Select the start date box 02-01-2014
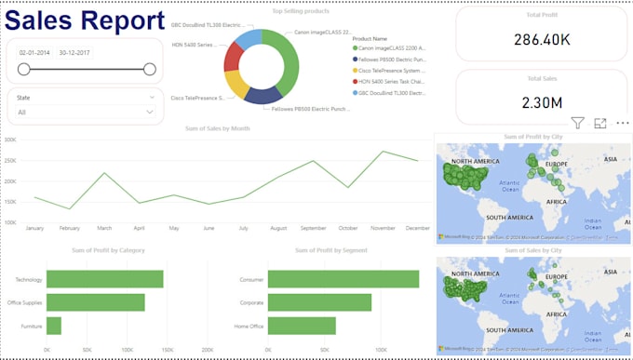[34, 53]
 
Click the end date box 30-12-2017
[74, 53]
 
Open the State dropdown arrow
[151, 112]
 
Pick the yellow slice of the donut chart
[236, 85]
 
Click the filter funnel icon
[577, 123]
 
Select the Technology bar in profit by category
[104, 279]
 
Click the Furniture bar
[54, 326]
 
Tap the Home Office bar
[302, 326]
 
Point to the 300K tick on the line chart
[11, 140]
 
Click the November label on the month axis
[383, 228]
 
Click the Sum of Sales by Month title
[218, 128]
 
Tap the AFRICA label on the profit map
[557, 201]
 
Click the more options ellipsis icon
[623, 123]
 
